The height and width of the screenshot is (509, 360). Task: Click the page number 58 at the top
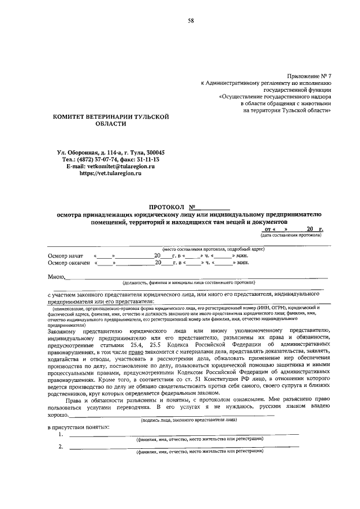coord(191,21)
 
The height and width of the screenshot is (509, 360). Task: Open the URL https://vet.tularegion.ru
coord(110,174)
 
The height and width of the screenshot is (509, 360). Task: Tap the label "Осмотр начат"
coord(66,256)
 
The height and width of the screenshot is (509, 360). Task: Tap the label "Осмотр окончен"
coord(69,263)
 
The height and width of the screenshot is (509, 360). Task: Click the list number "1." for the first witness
coord(61,435)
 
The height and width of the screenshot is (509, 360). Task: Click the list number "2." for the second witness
coord(61,447)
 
